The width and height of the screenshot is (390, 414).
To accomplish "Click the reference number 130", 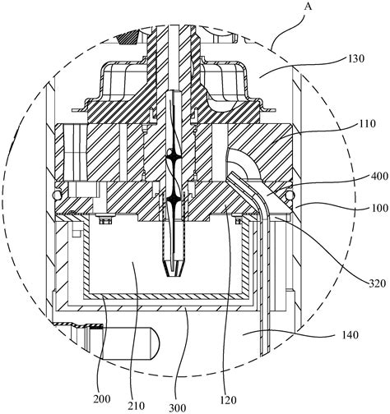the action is click(355, 58).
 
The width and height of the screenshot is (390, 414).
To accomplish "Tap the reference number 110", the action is click(367, 124).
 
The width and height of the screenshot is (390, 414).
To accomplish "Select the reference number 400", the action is click(378, 176).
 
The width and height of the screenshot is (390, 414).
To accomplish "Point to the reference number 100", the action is click(379, 208).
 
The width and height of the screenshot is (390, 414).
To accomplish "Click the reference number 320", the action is click(377, 283).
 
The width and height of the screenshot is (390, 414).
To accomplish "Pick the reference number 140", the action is click(350, 335).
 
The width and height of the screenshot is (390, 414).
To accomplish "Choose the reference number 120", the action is click(228, 400).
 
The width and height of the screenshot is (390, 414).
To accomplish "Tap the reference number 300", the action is click(178, 407).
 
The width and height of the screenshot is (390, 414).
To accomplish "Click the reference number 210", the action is click(137, 406).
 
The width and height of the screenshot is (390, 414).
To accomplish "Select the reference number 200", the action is click(102, 398).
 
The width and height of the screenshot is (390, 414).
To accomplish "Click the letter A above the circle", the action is click(309, 7).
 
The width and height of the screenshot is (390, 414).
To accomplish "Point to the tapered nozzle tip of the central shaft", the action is click(174, 269).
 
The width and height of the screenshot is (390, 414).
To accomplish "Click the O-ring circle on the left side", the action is click(57, 195).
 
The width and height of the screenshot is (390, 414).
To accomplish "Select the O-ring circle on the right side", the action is click(290, 195).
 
